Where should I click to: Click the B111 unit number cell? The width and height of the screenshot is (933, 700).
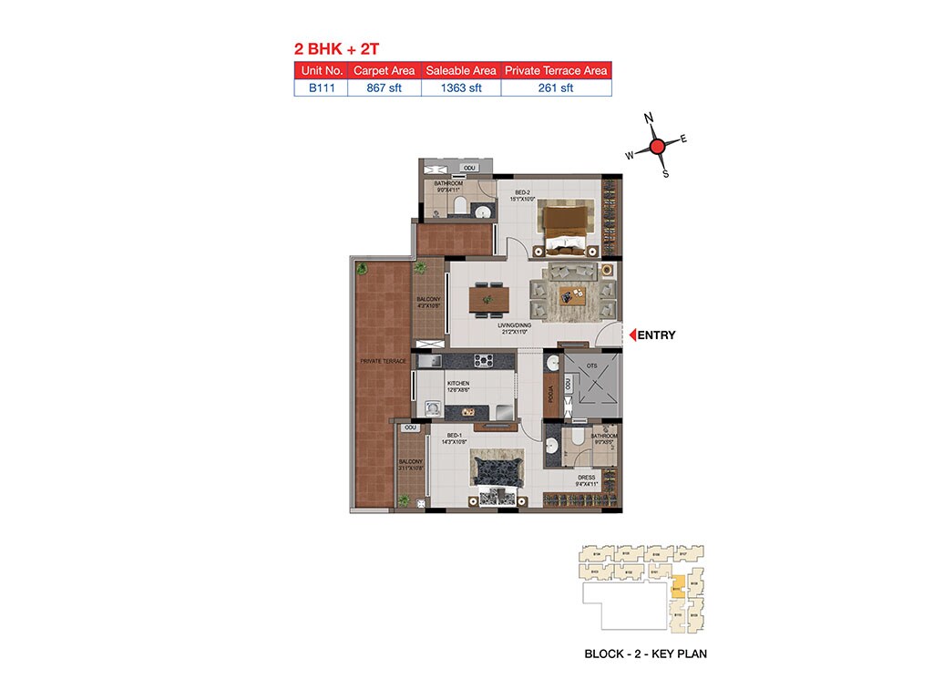[x=321, y=88]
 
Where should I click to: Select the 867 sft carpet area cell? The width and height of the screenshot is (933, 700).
[x=384, y=88]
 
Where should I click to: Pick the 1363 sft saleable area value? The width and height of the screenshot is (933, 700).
[x=461, y=88]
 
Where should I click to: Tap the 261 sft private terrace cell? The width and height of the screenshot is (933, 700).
[x=556, y=88]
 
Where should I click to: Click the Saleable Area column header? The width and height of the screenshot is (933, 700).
[x=461, y=70]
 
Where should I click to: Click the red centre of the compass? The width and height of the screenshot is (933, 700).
[x=658, y=147]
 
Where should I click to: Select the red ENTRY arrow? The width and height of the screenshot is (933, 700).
[x=630, y=335]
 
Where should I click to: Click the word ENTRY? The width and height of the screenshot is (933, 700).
[x=656, y=335]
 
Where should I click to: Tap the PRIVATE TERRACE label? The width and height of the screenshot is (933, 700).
[x=383, y=362]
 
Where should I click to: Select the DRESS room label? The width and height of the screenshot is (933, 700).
[x=586, y=477]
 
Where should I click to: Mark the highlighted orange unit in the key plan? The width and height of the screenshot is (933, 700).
[x=678, y=588]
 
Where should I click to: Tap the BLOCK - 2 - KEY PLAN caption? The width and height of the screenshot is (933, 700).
[x=645, y=654]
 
